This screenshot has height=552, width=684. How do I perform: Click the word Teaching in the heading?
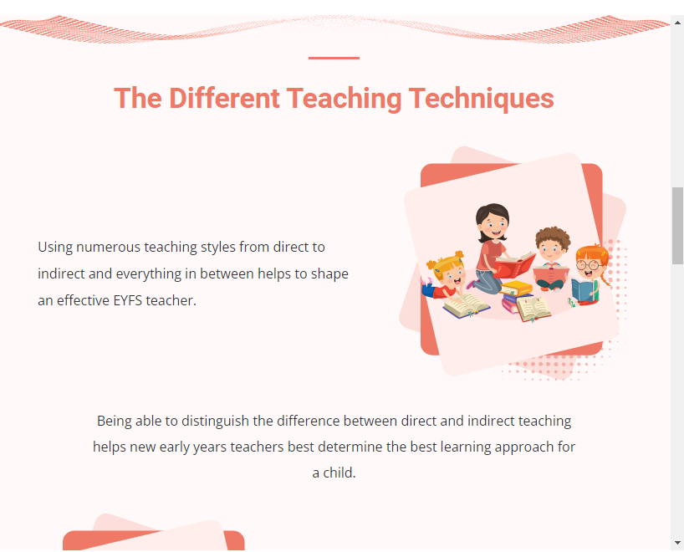pyautogui.click(x=344, y=99)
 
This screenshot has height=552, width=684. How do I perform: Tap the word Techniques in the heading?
pyautogui.click(x=481, y=99)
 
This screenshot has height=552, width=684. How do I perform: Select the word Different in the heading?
pyautogui.click(x=224, y=98)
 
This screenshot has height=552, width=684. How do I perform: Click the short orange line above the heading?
pyautogui.click(x=334, y=58)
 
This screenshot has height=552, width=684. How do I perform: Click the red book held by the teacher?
pyautogui.click(x=514, y=264)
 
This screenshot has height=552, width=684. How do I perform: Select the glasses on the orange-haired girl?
pyautogui.click(x=588, y=264)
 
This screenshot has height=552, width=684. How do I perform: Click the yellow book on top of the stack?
pyautogui.click(x=516, y=288)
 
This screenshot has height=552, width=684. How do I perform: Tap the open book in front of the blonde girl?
pyautogui.click(x=467, y=305)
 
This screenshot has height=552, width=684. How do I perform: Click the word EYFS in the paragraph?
pyautogui.click(x=127, y=300)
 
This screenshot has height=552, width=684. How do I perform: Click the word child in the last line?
pyautogui.click(x=339, y=473)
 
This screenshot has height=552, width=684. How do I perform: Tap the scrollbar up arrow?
pyautogui.click(x=677, y=23)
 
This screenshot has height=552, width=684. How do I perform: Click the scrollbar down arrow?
pyautogui.click(x=677, y=543)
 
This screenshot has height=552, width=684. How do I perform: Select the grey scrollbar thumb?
pyautogui.click(x=677, y=226)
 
